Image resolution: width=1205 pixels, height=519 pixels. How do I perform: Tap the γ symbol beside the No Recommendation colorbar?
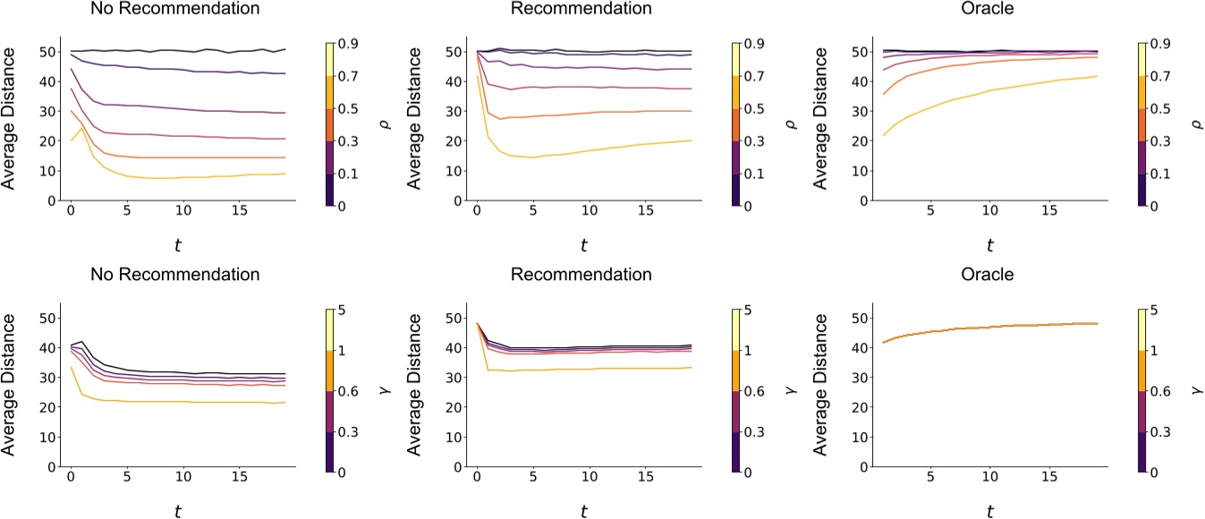pyautogui.click(x=378, y=391)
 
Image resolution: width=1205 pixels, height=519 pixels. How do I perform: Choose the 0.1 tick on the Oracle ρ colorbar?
pyautogui.click(x=1156, y=173)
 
